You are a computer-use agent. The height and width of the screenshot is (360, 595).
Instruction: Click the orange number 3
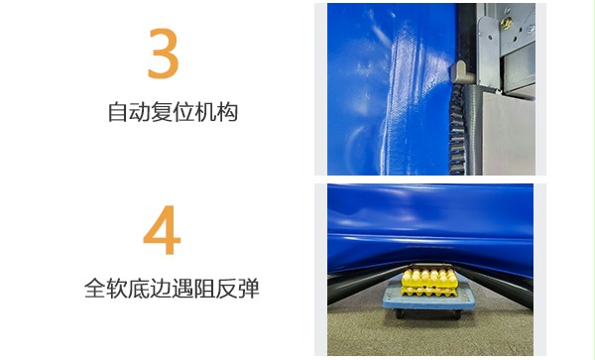(163, 55)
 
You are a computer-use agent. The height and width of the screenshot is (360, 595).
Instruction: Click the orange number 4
(162, 231)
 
